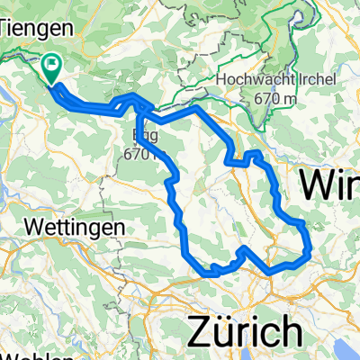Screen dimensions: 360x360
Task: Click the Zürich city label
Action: pyautogui.click(x=244, y=330)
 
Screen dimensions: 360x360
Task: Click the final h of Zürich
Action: pyautogui.click(x=287, y=330)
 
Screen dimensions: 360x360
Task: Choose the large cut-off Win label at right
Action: pyautogui.click(x=329, y=185)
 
